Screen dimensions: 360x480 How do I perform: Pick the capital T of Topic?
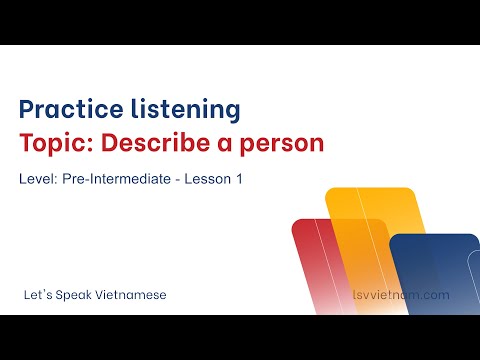click(x=27, y=143)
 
